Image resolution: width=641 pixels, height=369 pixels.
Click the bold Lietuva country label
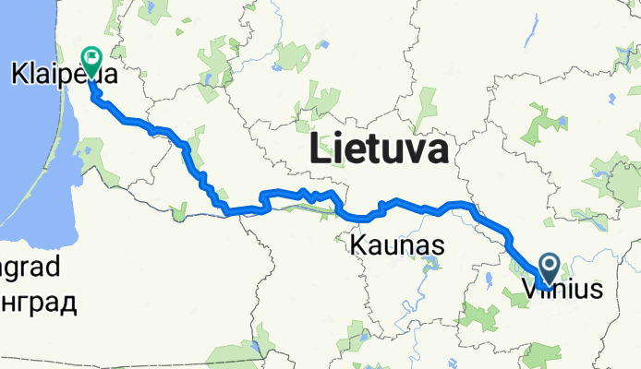(381, 149)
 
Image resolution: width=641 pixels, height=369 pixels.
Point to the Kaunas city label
(397, 246)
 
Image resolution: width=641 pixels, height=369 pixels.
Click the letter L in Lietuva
(322, 149)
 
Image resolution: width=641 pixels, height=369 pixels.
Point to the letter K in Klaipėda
(19, 75)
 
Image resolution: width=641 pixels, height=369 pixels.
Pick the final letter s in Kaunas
(438, 247)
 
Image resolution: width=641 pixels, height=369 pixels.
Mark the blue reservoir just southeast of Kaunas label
(430, 268)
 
